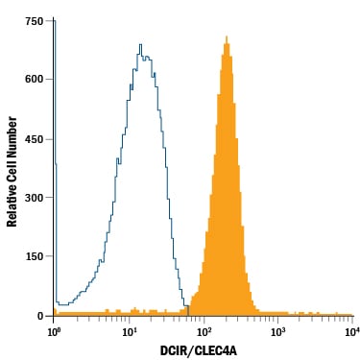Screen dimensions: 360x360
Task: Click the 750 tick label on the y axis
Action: [x=34, y=21]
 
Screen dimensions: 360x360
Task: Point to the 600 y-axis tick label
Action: [x=34, y=80]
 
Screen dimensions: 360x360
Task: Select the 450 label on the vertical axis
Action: [x=34, y=139]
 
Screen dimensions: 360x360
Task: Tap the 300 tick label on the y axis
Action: [x=34, y=198]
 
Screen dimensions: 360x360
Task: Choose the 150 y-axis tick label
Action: [x=34, y=256]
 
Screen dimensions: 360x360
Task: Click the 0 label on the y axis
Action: [x=40, y=316]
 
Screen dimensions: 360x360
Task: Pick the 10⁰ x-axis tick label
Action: [x=54, y=331]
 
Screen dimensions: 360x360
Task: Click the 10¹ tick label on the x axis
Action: [x=129, y=331]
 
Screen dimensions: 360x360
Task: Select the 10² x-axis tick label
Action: [x=204, y=331]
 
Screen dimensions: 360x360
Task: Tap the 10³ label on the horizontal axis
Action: [x=278, y=331]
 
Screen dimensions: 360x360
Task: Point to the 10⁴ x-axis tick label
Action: [x=352, y=331]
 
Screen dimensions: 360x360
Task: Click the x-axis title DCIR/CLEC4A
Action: [x=199, y=351]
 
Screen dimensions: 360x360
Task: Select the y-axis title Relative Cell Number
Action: [x=12, y=172]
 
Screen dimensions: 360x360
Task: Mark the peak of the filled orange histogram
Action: [x=227, y=36]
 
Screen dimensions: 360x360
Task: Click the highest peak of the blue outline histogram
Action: [x=140, y=44]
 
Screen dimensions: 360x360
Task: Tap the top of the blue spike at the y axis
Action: [x=55, y=21]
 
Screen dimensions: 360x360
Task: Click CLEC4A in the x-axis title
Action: [x=217, y=351]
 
